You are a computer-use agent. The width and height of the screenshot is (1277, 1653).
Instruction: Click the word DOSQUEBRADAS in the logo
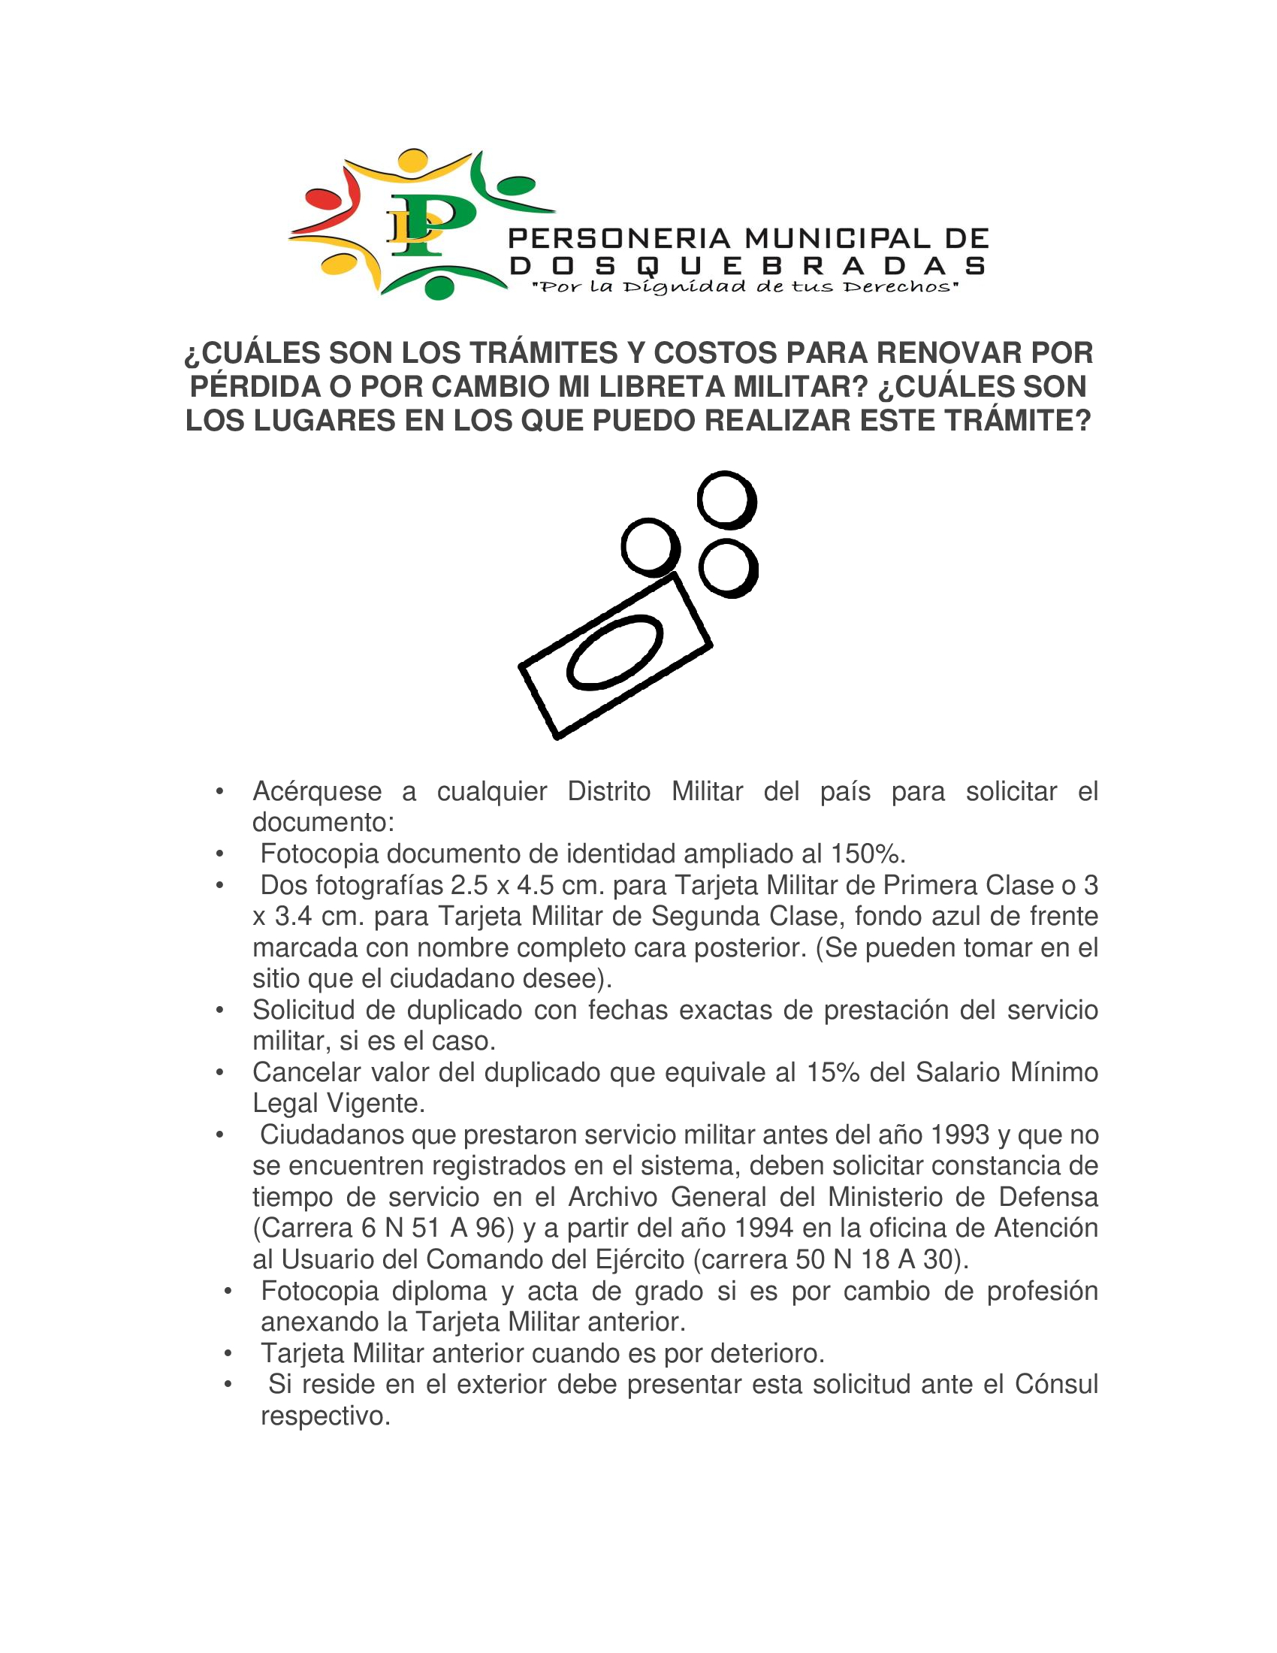[x=747, y=266]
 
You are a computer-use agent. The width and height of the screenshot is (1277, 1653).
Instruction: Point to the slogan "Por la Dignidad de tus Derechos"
[x=746, y=287]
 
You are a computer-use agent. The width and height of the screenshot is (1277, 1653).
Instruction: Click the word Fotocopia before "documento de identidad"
[x=319, y=854]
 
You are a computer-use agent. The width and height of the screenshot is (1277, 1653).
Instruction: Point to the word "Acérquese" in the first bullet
[x=317, y=792]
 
